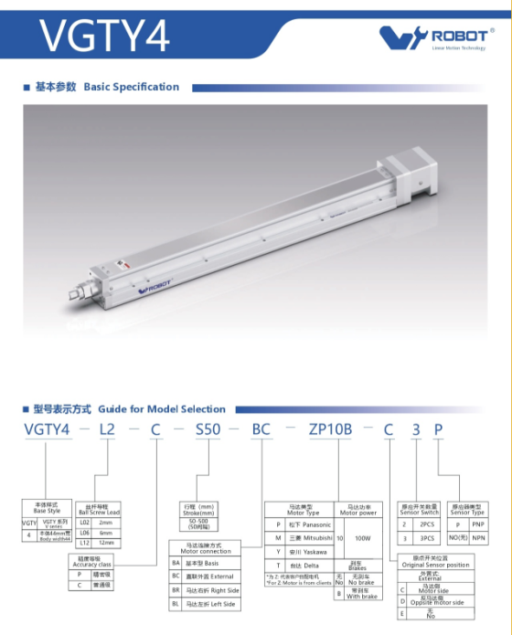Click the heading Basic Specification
point(131,87)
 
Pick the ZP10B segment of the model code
point(331,430)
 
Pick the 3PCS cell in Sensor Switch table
point(425,539)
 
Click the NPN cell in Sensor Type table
point(479,539)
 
